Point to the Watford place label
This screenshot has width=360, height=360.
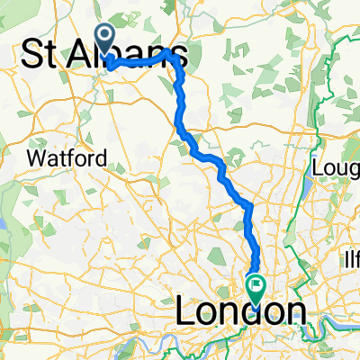coord(67,158)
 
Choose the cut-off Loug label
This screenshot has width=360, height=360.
coord(335,168)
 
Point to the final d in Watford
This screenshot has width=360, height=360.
coord(102,158)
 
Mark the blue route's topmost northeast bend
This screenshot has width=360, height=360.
coord(168,54)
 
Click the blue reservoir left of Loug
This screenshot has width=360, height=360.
coord(307,184)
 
